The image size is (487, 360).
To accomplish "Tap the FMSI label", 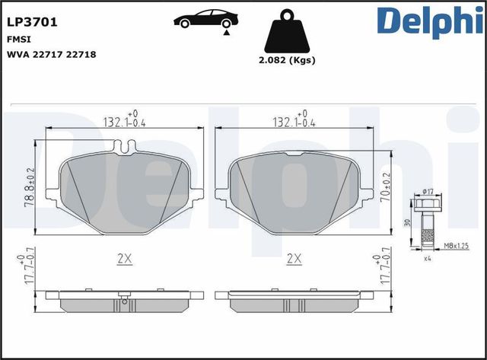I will pos(19,40).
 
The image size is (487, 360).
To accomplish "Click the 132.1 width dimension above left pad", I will pos(124,121).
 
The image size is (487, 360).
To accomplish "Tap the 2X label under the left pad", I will pos(126,260).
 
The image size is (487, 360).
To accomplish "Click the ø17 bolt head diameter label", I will pos(428,191).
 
